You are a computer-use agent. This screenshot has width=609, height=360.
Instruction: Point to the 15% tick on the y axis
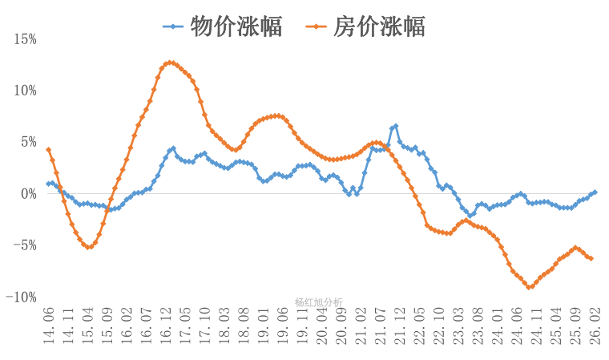(x=24, y=38)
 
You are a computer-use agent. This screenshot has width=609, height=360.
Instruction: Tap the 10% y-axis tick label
(x=24, y=90)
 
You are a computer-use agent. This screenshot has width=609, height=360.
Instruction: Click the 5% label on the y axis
(x=27, y=142)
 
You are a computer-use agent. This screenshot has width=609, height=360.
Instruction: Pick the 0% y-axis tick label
(x=27, y=193)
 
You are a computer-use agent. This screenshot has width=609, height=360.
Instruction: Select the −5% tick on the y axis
(x=23, y=245)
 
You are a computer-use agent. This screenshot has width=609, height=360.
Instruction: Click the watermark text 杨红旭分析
(x=318, y=302)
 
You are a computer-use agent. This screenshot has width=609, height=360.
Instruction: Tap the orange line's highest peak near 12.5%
(x=169, y=63)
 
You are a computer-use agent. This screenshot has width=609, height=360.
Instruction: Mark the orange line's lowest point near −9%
(x=530, y=287)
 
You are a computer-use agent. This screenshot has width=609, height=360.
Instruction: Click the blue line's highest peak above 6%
(x=396, y=126)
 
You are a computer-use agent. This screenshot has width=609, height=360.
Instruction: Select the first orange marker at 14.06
(x=49, y=150)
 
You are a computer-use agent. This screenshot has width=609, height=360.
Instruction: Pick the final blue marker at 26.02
(x=595, y=192)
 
